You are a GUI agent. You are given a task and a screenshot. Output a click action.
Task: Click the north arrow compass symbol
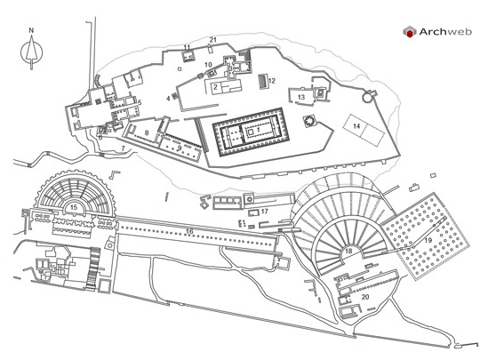[x=31, y=52]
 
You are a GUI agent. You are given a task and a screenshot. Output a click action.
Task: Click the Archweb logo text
[x=445, y=31]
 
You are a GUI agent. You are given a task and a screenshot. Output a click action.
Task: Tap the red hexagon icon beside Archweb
[x=410, y=32]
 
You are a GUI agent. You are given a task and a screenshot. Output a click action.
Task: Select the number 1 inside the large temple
[x=259, y=130]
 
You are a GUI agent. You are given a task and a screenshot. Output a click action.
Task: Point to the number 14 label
[x=356, y=126]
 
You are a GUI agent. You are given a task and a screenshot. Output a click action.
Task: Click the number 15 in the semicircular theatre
[x=74, y=207]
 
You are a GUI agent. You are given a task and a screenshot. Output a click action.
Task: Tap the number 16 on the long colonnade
[x=190, y=231]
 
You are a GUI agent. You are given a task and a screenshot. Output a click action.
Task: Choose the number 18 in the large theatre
[x=348, y=251]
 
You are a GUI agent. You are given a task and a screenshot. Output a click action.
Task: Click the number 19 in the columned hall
[x=428, y=240]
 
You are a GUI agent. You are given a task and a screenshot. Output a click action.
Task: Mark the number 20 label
[x=365, y=297]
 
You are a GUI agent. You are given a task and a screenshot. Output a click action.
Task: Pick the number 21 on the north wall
[x=213, y=40]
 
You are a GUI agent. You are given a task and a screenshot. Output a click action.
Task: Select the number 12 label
[x=272, y=81]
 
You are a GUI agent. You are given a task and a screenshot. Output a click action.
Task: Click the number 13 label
[x=301, y=97]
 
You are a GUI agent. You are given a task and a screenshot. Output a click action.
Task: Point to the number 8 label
[x=147, y=132]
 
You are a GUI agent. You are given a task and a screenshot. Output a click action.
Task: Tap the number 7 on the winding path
[x=123, y=148]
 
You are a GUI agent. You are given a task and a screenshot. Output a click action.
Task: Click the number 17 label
[x=265, y=212]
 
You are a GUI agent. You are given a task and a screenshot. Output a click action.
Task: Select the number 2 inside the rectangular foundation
[x=215, y=87]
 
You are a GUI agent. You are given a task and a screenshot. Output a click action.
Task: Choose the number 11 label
[x=187, y=47]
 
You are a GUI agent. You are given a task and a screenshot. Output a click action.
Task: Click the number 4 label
[x=168, y=99]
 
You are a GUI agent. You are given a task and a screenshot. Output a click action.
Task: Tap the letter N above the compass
[x=31, y=30]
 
